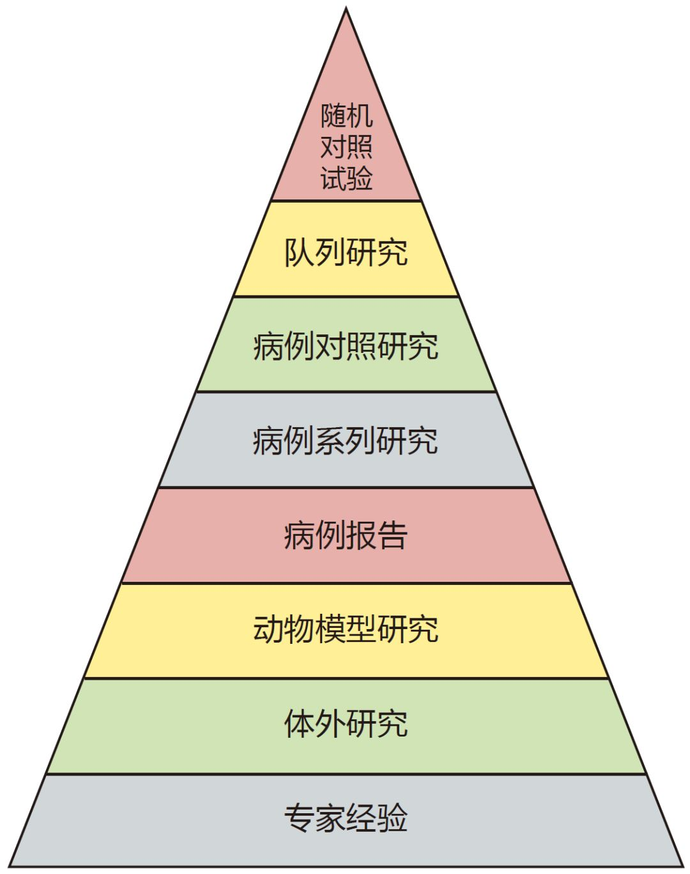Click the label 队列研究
(346, 253)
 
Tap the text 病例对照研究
(346, 347)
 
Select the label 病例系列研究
(346, 441)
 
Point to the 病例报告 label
(346, 535)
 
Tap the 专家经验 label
(346, 818)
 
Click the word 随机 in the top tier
(346, 116)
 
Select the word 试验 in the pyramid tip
(346, 178)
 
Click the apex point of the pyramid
(346, 7)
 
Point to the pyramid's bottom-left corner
(9, 866)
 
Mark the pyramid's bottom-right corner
(683, 866)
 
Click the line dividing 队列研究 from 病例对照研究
(346, 297)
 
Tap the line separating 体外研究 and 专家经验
(346, 774)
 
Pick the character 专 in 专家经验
(299, 818)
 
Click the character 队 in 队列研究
(299, 253)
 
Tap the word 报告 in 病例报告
(377, 535)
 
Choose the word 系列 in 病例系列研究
(346, 441)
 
